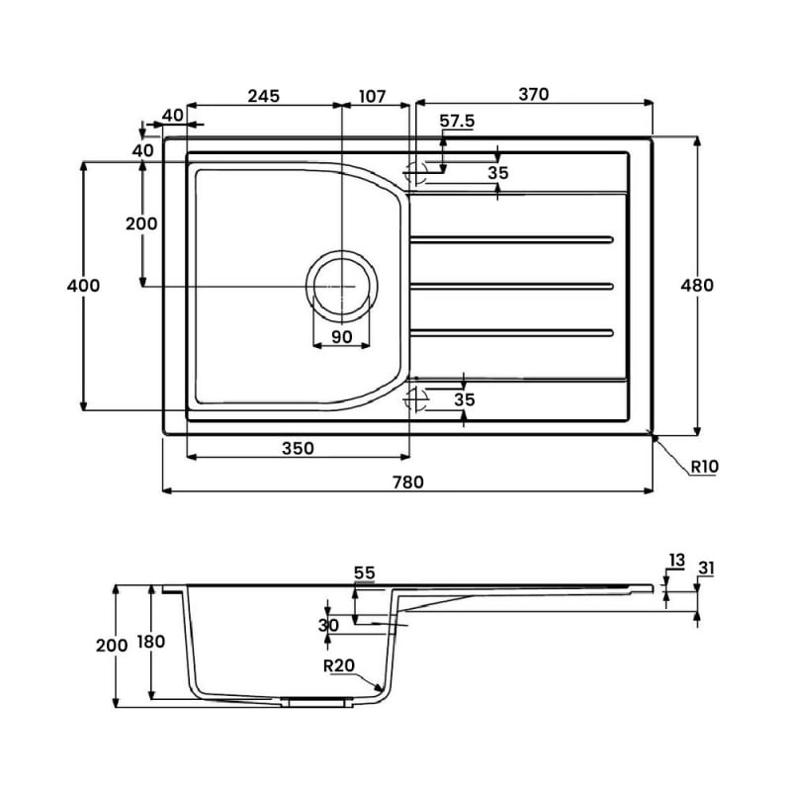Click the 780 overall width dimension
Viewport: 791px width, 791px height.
coord(408,483)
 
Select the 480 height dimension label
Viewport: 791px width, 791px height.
coord(697,286)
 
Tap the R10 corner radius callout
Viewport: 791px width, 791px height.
coord(704,467)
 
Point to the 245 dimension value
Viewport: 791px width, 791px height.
coord(263,96)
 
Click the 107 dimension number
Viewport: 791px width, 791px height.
coord(372,96)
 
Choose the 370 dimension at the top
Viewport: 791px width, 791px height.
coord(533,94)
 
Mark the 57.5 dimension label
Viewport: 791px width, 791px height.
coord(457,121)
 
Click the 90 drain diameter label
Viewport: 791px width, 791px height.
coord(341,336)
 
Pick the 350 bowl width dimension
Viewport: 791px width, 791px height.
coord(298,448)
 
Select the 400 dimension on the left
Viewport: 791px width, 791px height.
coord(83,286)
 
